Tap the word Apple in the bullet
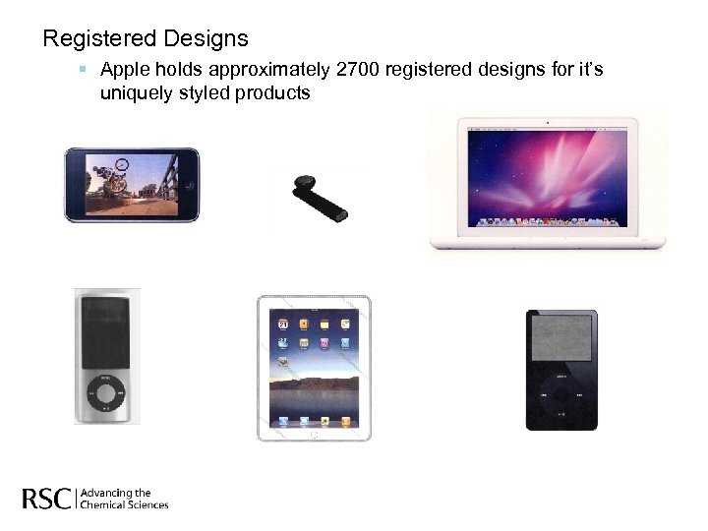(124, 70)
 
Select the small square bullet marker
(84, 70)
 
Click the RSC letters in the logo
(46, 499)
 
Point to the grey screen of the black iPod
(560, 344)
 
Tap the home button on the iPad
(314, 433)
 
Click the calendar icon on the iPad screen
(283, 323)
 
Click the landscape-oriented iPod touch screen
(130, 185)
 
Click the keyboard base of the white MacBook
(548, 241)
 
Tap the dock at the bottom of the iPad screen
(314, 420)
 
